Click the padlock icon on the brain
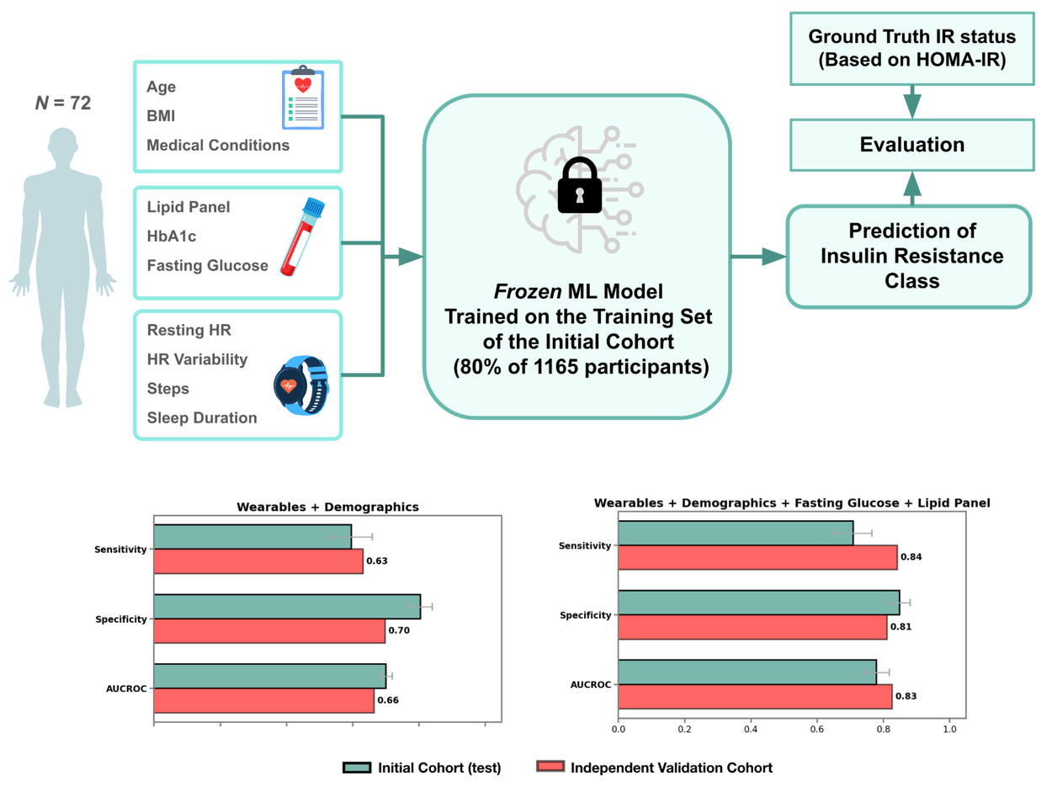(x=576, y=187)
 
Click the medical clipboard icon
(x=301, y=98)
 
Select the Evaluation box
(x=911, y=145)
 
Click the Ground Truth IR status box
(x=911, y=48)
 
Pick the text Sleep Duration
(x=202, y=417)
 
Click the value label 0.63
(x=376, y=561)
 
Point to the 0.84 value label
(x=911, y=557)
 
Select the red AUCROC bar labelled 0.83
(x=755, y=697)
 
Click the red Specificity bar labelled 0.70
(x=269, y=630)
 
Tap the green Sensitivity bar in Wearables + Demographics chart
(x=252, y=536)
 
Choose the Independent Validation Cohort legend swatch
(x=549, y=768)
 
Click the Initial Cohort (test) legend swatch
(x=357, y=768)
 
